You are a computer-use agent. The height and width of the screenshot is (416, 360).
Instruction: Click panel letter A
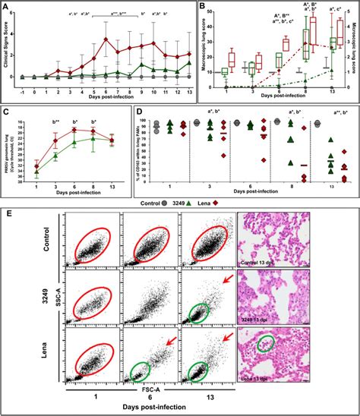tap(6, 6)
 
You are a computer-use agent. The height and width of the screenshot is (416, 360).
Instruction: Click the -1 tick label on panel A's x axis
tap(23, 90)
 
